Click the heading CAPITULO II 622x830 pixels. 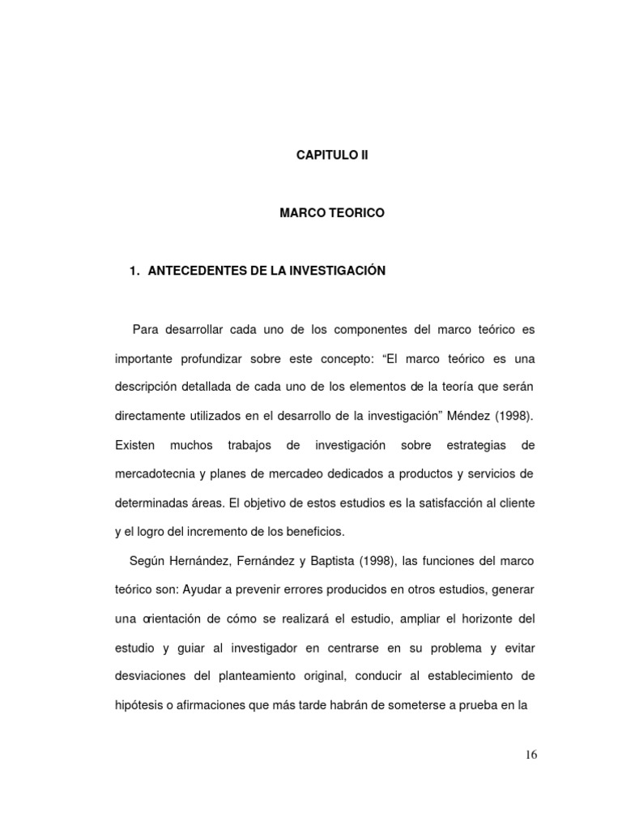pyautogui.click(x=332, y=154)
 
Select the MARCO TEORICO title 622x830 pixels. pyautogui.click(x=332, y=213)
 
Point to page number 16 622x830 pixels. pyautogui.click(x=530, y=755)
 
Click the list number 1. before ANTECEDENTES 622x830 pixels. pyautogui.click(x=134, y=272)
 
